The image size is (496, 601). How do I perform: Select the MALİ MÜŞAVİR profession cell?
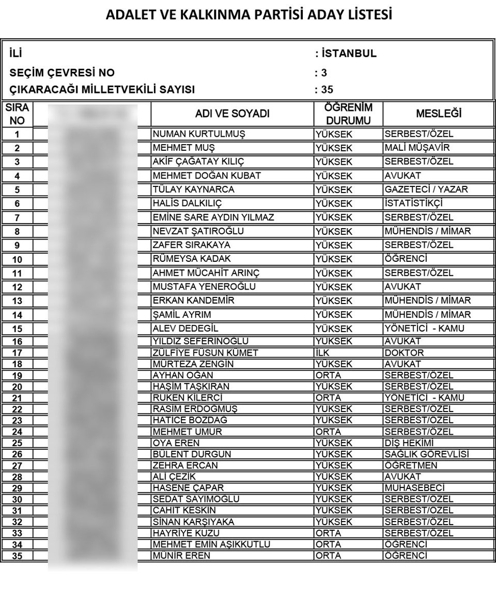coord(417,148)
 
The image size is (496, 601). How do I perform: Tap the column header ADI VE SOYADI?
coord(233,114)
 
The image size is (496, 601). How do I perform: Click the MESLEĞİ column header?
coord(439,114)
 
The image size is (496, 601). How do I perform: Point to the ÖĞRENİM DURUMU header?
coord(348,114)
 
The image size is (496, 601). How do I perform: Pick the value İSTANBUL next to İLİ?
coord(348,54)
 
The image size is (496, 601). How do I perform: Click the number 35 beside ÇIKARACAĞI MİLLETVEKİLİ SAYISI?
coord(327,90)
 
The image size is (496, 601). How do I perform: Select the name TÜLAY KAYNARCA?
coord(194,189)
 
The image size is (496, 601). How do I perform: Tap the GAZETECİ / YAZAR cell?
coord(426,189)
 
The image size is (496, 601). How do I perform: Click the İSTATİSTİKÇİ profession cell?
coord(414,203)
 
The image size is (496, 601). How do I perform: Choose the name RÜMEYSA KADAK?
coord(192,259)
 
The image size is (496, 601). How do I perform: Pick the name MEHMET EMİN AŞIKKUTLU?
coord(211,544)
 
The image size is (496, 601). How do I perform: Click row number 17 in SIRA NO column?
coord(17,353)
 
